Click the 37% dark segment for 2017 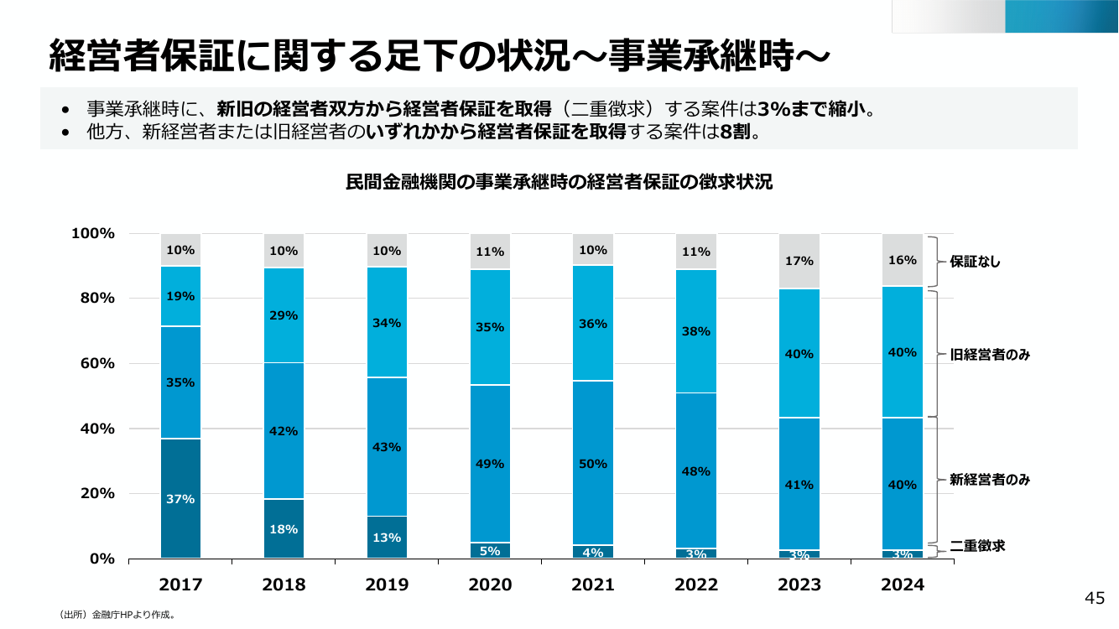(x=180, y=498)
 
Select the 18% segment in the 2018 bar (x=284, y=528)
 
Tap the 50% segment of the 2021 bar (x=593, y=463)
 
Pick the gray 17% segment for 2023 (x=799, y=261)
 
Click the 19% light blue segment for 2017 (x=180, y=296)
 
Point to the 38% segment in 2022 (x=696, y=331)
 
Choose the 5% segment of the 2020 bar (x=490, y=550)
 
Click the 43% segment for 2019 (x=388, y=447)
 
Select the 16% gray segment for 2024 (x=903, y=260)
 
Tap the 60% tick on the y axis (x=97, y=363)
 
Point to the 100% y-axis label (x=93, y=233)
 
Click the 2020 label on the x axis (x=490, y=585)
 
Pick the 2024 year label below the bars (x=903, y=585)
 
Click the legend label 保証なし (x=975, y=262)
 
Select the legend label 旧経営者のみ (x=990, y=355)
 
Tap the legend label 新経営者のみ (x=990, y=480)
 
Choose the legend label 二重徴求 (x=977, y=546)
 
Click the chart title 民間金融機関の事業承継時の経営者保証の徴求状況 (x=559, y=182)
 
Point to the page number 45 (x=1095, y=598)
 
